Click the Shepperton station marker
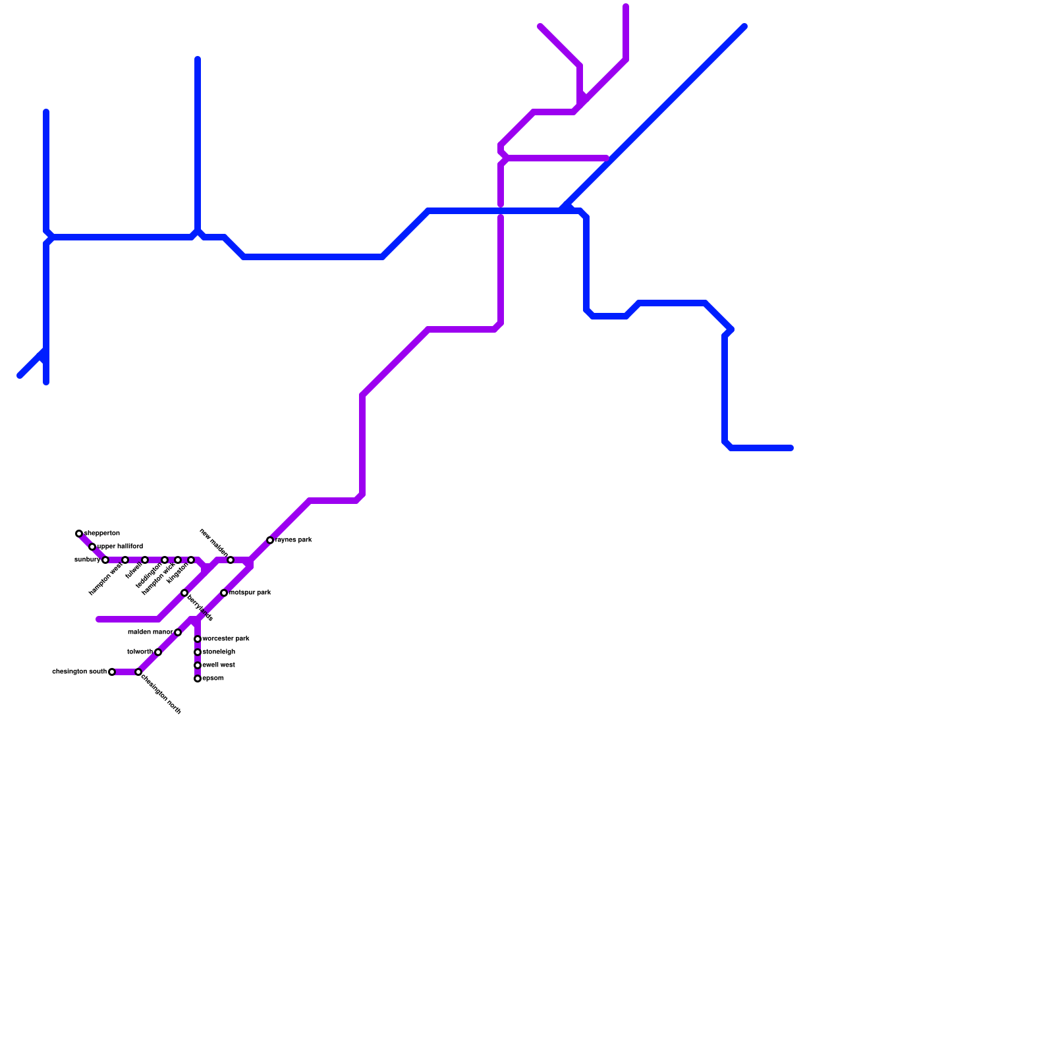[x=79, y=534]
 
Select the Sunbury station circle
[x=105, y=560]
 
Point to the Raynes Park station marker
[x=270, y=540]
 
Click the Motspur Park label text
[x=250, y=593]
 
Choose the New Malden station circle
[x=231, y=560]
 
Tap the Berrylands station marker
[x=184, y=593]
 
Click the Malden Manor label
[x=150, y=632]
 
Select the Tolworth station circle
[x=158, y=652]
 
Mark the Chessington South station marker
[x=112, y=672]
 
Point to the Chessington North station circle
[x=138, y=672]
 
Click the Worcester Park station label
[x=226, y=639]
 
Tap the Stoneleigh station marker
[x=198, y=652]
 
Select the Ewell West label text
[x=219, y=665]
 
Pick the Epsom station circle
[x=198, y=679]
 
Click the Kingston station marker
[x=191, y=560]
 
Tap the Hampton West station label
[x=105, y=580]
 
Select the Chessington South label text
[x=79, y=672]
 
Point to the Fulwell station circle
[x=145, y=560]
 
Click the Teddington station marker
[x=165, y=560]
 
